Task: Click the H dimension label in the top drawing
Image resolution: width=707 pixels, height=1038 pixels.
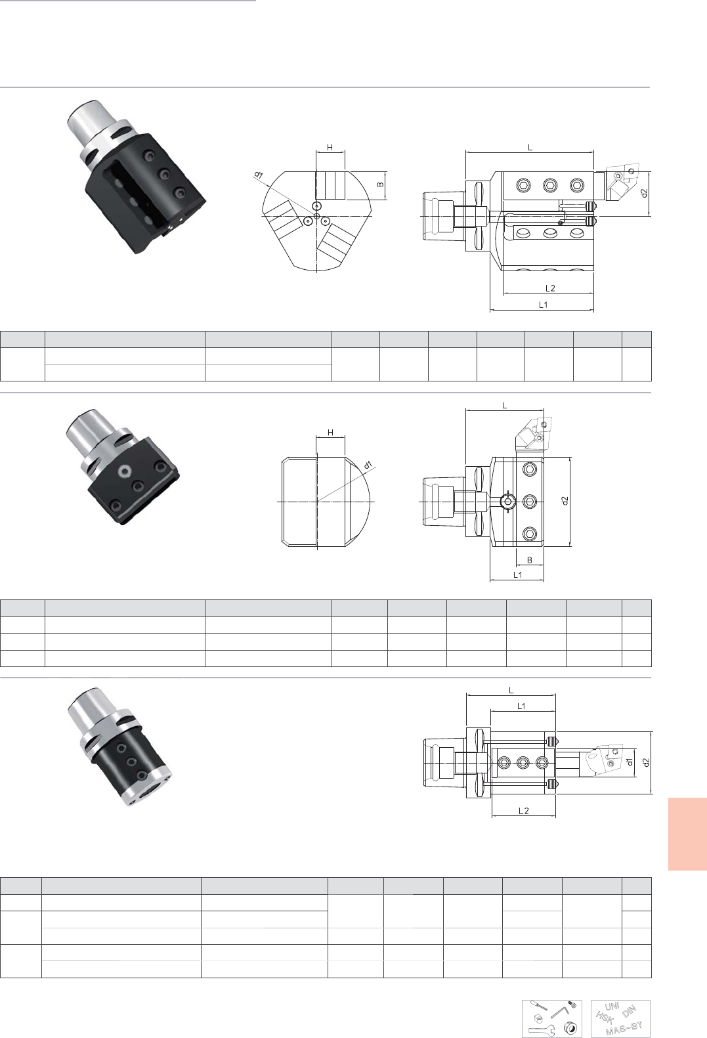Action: click(x=330, y=147)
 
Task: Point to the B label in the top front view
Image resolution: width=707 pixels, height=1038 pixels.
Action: click(x=380, y=184)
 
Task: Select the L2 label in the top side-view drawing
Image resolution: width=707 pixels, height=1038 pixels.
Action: click(x=550, y=288)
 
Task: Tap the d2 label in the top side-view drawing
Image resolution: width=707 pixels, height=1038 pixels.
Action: click(x=643, y=193)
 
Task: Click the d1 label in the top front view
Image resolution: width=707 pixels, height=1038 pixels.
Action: click(x=259, y=175)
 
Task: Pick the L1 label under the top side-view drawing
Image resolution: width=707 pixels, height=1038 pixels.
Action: click(x=543, y=305)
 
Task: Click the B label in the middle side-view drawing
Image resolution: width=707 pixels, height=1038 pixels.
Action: click(x=530, y=560)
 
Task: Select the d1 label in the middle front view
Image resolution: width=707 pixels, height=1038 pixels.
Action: click(x=368, y=465)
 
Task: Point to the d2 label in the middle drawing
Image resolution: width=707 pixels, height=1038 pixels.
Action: click(x=565, y=501)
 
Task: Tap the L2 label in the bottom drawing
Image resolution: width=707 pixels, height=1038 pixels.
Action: click(x=524, y=811)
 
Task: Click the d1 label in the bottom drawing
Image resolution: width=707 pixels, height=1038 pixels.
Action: click(x=629, y=762)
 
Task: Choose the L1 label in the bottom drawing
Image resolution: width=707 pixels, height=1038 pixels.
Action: click(x=521, y=706)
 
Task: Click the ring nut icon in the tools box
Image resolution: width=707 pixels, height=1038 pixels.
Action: click(x=570, y=1029)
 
